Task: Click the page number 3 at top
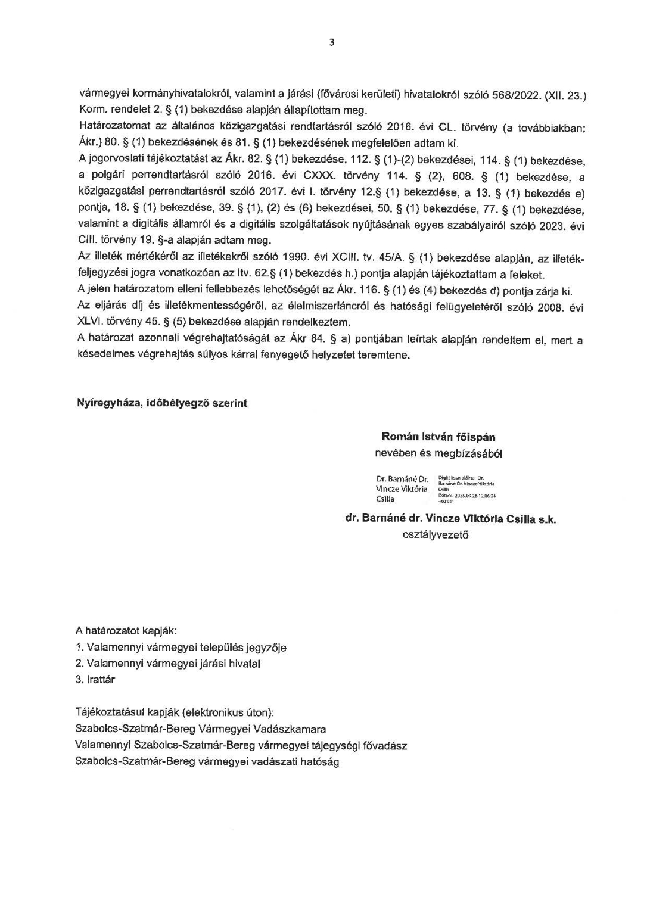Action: tap(331, 42)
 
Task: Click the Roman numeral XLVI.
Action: tap(91, 322)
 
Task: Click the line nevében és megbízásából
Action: tap(438, 453)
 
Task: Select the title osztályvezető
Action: tap(436, 535)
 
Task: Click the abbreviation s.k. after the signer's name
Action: tap(546, 519)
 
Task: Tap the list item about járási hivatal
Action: tap(168, 663)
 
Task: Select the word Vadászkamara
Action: tap(288, 729)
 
